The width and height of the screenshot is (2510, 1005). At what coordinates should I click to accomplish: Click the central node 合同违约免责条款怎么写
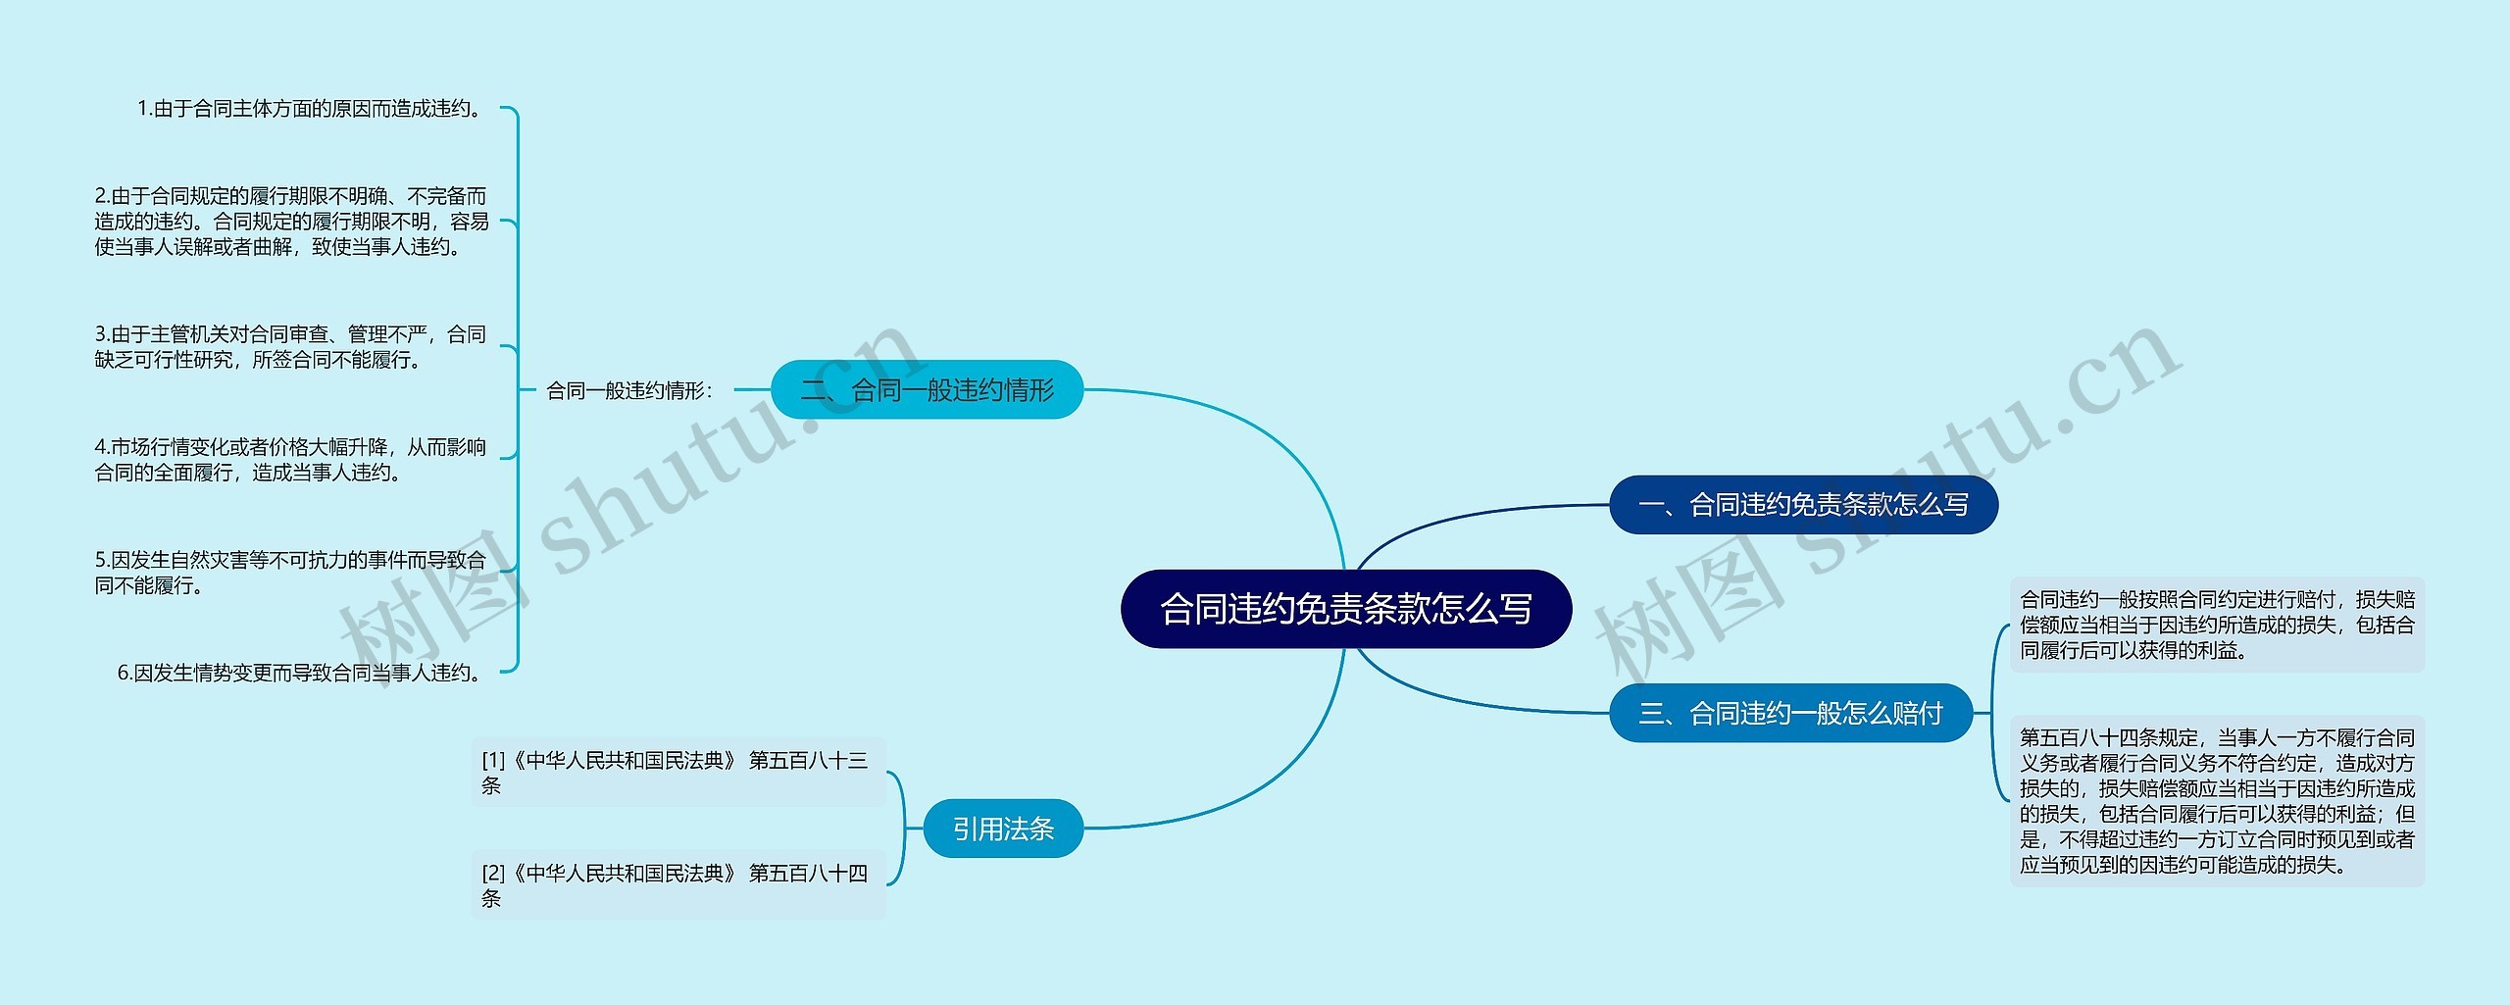click(x=1345, y=609)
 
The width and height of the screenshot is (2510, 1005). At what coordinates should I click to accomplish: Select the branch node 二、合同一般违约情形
click(x=927, y=390)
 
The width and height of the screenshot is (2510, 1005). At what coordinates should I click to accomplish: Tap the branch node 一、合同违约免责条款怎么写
click(x=1803, y=505)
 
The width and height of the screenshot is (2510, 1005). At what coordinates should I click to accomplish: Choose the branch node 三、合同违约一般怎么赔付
click(x=1790, y=713)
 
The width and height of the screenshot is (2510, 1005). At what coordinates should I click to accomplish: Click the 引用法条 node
click(x=1002, y=829)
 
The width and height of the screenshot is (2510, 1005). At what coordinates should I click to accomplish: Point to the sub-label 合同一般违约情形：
click(x=629, y=391)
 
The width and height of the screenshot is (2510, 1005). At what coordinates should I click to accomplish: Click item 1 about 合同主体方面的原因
click(x=310, y=109)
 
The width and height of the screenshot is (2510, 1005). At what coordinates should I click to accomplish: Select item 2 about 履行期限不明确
click(x=291, y=222)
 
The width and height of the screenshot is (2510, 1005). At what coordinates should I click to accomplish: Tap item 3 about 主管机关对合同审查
click(x=290, y=347)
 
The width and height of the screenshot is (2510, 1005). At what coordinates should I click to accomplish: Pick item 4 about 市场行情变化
click(x=290, y=460)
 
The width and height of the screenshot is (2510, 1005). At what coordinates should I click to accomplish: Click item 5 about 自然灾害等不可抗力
click(x=290, y=573)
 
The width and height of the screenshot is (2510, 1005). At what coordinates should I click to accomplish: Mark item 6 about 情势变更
click(x=300, y=673)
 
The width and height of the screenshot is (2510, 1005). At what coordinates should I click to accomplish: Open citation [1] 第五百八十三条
click(x=677, y=772)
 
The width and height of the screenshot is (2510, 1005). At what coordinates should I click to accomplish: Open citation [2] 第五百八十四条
click(x=677, y=885)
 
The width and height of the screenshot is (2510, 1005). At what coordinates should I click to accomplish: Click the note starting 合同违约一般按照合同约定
click(x=2216, y=625)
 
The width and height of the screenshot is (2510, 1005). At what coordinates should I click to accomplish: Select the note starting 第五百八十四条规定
click(x=2216, y=801)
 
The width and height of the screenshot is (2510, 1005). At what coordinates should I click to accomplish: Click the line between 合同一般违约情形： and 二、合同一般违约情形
click(x=752, y=390)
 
